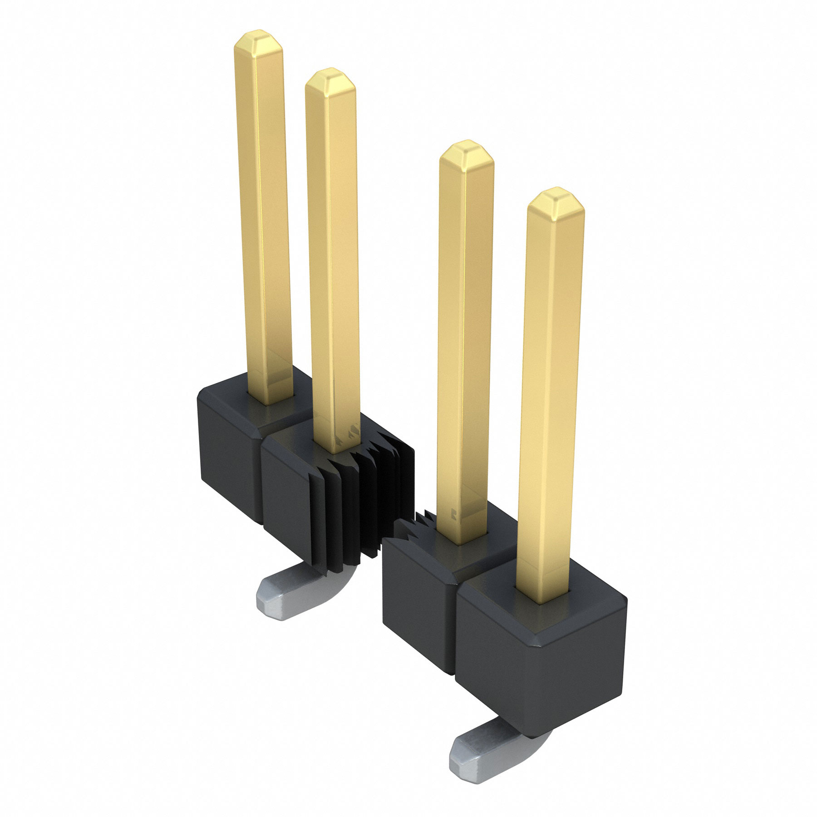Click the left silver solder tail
pyautogui.click(x=290, y=590)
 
